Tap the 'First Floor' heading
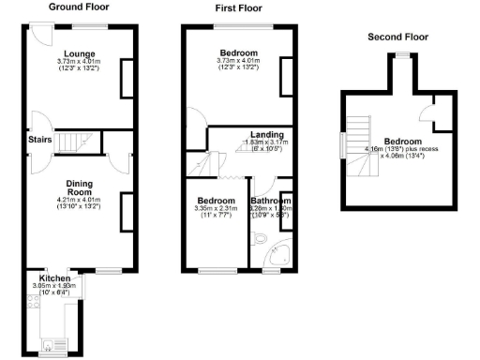pyautogui.click(x=230, y=7)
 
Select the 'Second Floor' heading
pyautogui.click(x=397, y=37)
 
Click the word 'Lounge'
pyautogui.click(x=80, y=53)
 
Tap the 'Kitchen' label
pyautogui.click(x=53, y=277)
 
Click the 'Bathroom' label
pyautogui.click(x=271, y=200)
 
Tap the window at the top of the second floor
pyautogui.click(x=401, y=55)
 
